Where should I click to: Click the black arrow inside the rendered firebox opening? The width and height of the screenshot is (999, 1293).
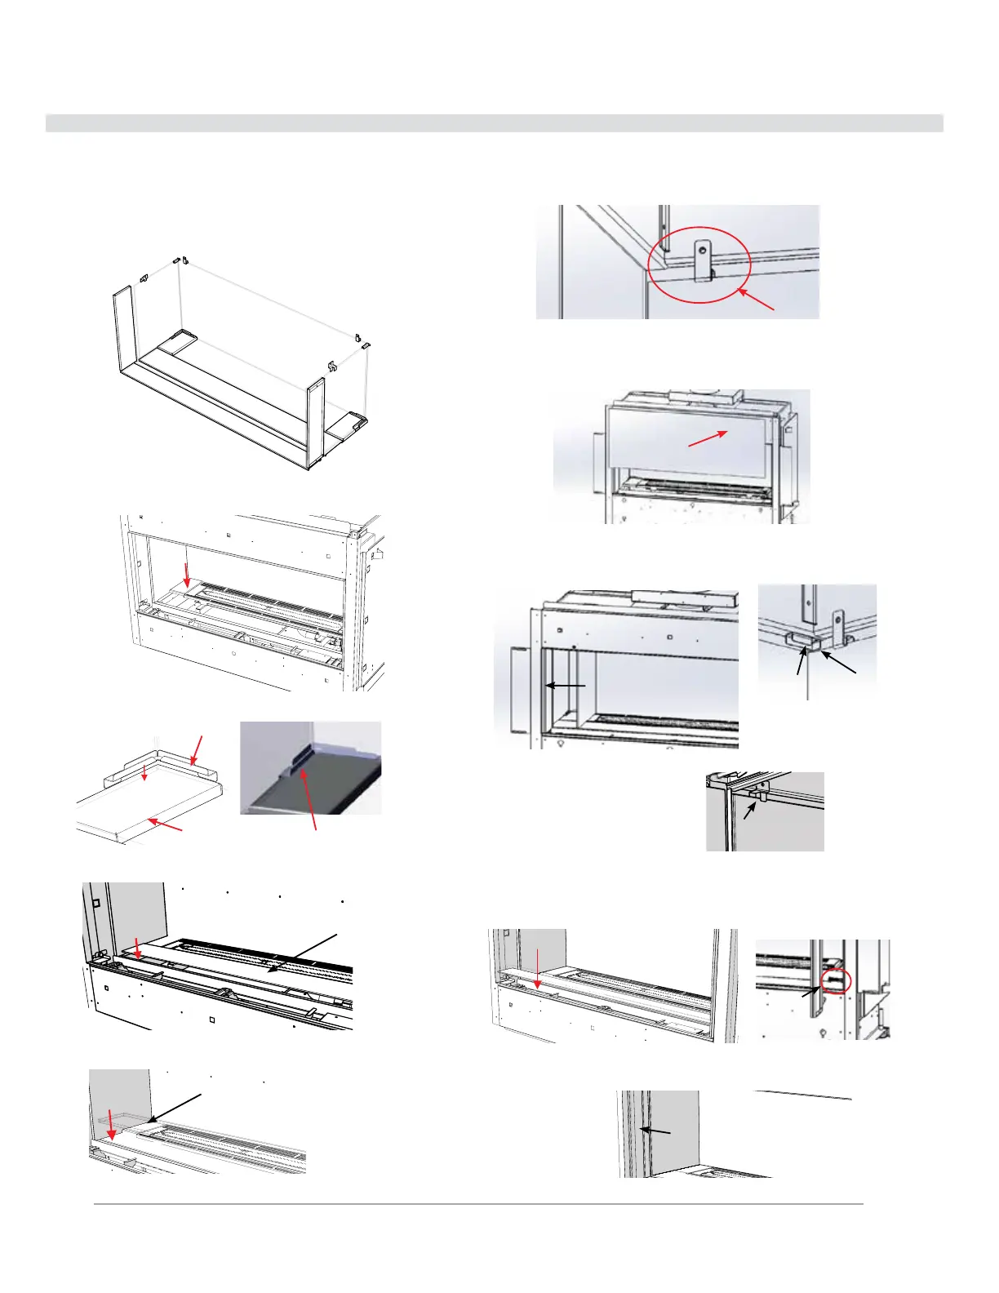pos(566,686)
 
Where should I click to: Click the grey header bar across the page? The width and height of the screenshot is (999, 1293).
pos(494,123)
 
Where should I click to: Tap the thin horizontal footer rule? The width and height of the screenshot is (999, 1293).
pos(477,1203)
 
